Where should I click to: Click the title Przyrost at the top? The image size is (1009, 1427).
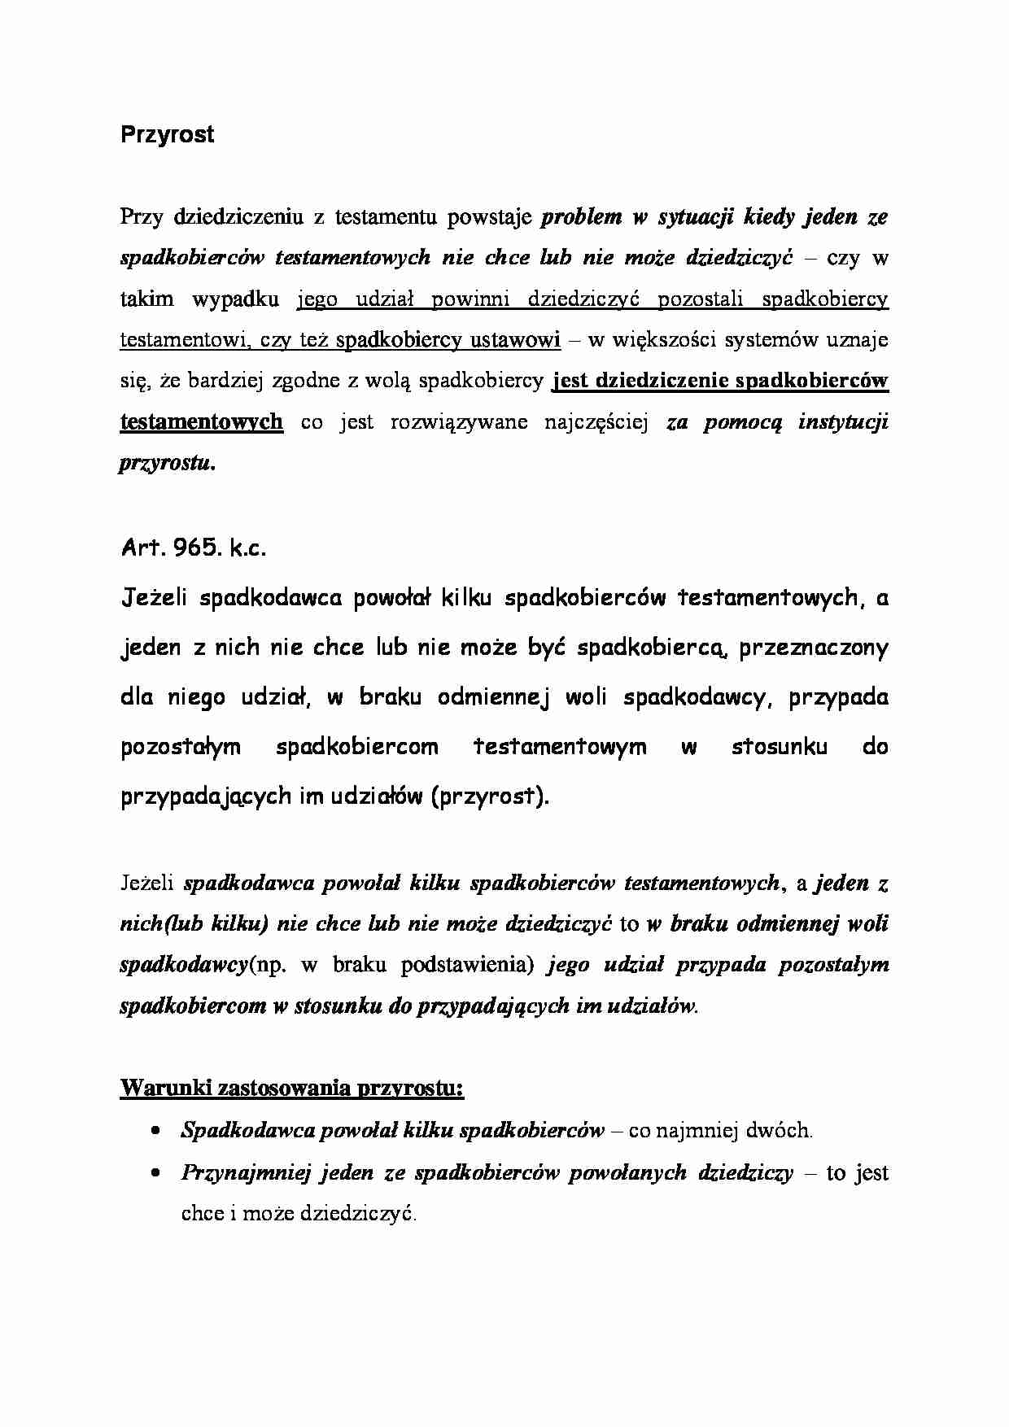pyautogui.click(x=167, y=134)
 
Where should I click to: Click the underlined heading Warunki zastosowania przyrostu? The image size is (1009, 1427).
pyautogui.click(x=291, y=1088)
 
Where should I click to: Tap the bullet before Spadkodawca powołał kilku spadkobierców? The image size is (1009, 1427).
pyautogui.click(x=155, y=1132)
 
